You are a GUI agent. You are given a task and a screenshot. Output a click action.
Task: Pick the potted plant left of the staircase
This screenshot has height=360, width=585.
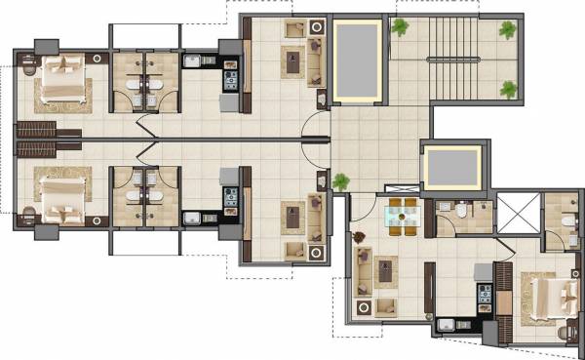coord(398,28)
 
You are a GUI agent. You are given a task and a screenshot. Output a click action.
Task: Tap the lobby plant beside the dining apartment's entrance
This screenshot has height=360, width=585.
coord(340,181)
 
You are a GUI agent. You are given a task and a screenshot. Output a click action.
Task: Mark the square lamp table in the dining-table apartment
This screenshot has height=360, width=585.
coord(365,308)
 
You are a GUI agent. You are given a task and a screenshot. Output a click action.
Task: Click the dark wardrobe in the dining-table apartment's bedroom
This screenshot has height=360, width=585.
coord(505,293)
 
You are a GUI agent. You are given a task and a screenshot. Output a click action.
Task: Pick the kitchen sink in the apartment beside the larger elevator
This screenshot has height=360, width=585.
coord(193,61)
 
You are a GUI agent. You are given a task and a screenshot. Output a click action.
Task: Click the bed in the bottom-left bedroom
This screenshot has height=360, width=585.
coord(60,194)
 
